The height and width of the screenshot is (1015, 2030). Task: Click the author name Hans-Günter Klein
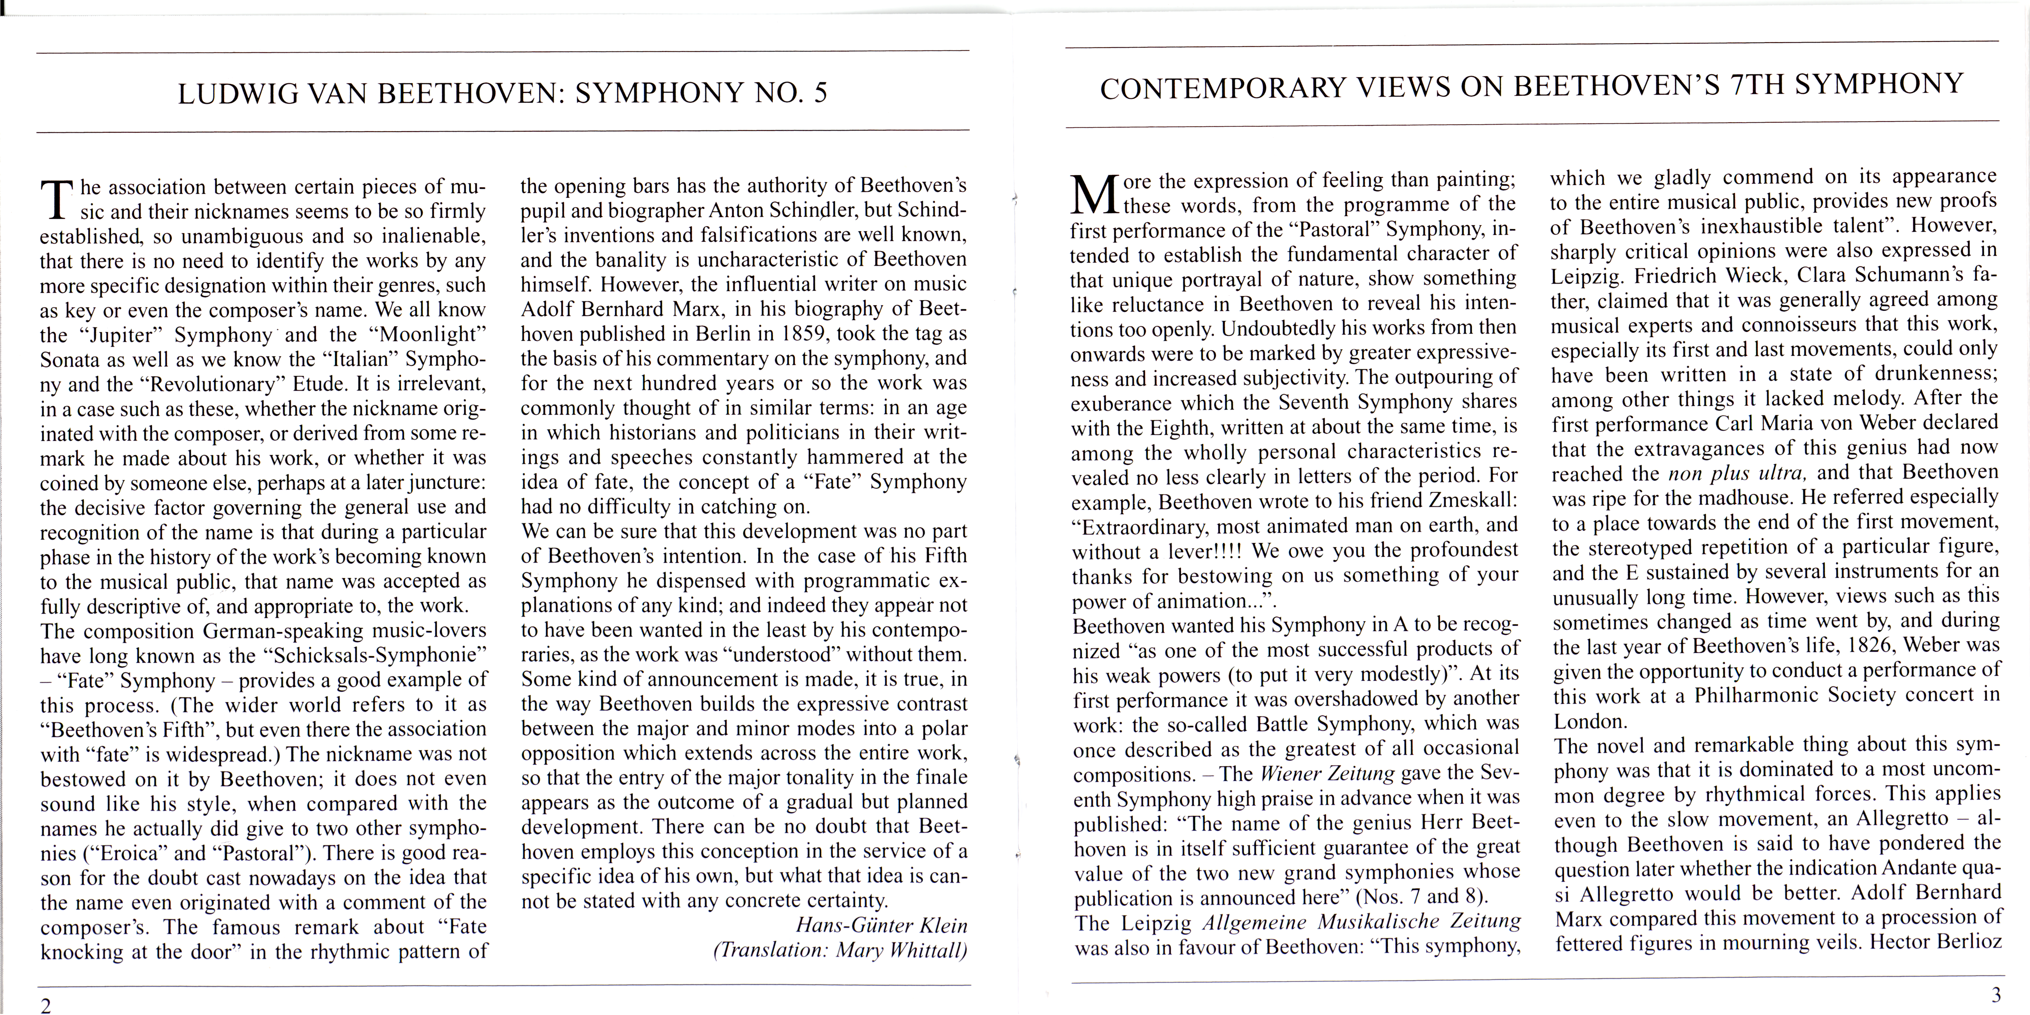(x=881, y=925)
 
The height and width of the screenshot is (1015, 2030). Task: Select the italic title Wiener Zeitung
(x=1327, y=773)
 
